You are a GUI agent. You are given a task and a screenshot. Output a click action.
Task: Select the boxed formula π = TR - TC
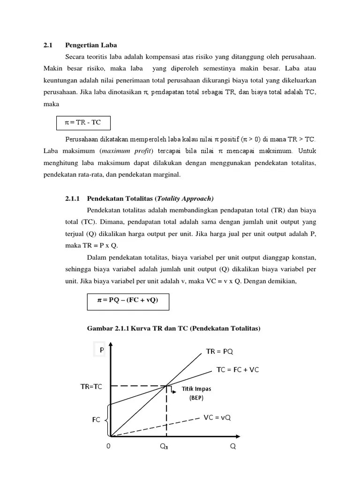pyautogui.click(x=83, y=123)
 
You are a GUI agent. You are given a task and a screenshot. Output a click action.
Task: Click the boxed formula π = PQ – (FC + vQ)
pyautogui.click(x=127, y=300)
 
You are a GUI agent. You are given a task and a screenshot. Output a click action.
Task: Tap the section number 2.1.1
pyautogui.click(x=73, y=198)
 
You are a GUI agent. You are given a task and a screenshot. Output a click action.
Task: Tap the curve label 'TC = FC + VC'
pyautogui.click(x=237, y=369)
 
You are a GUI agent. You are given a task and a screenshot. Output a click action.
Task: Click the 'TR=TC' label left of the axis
pyautogui.click(x=91, y=387)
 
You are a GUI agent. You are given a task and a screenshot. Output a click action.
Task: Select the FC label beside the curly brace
pyautogui.click(x=96, y=420)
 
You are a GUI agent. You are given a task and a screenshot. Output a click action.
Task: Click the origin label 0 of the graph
pyautogui.click(x=108, y=446)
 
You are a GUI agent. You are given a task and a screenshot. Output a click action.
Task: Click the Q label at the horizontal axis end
pyautogui.click(x=233, y=446)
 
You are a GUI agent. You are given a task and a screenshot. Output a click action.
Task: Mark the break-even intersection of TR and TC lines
pyautogui.click(x=166, y=386)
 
